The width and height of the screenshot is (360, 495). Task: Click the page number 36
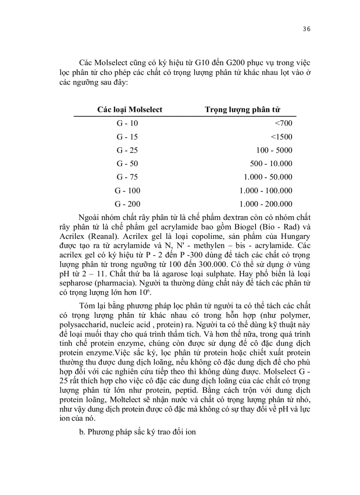(307, 29)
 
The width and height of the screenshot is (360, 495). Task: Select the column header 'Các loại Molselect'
(130, 109)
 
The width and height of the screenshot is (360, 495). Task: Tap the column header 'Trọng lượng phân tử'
(243, 109)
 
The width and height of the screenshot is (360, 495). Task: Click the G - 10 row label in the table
(127, 123)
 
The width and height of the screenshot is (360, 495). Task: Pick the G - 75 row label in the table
(127, 177)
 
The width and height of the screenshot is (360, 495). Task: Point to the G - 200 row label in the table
(127, 204)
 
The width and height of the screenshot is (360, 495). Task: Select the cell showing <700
(283, 123)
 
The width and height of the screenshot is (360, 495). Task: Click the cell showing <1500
(281, 137)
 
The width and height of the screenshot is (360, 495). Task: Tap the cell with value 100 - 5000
(274, 150)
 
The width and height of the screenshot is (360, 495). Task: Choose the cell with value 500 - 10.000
(271, 164)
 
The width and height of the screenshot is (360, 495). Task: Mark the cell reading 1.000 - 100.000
(266, 190)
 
